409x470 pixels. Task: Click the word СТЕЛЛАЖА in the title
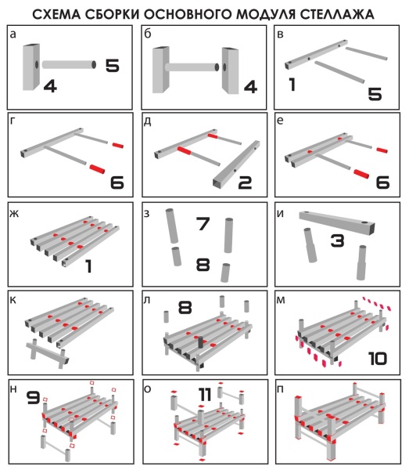[337, 14]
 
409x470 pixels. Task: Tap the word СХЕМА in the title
[57, 14]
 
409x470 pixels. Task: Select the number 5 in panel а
[112, 66]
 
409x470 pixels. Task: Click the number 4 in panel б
[250, 87]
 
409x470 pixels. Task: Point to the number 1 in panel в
[292, 85]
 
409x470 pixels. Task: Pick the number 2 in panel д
[245, 183]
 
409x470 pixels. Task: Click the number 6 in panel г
[117, 183]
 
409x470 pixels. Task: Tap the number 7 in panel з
[203, 223]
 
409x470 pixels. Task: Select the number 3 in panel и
[338, 240]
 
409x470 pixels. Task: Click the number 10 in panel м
[378, 359]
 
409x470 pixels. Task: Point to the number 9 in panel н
[33, 398]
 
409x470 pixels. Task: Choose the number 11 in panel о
[205, 394]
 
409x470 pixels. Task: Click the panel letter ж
[14, 214]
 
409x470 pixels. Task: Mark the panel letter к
[13, 300]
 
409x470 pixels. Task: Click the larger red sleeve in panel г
[97, 168]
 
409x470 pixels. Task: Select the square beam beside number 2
[236, 164]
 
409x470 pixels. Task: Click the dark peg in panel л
[200, 342]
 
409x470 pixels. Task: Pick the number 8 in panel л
[185, 307]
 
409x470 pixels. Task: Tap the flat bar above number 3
[337, 223]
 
